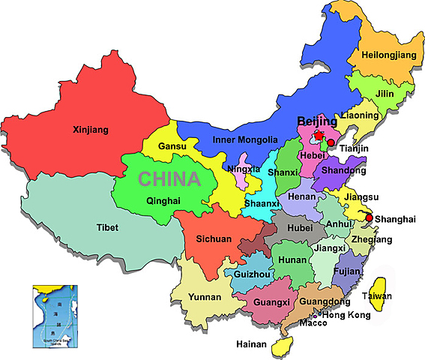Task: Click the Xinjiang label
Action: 91,130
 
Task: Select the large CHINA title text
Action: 170,179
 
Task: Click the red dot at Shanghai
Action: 368,218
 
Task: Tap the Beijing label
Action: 317,121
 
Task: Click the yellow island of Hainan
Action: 283,344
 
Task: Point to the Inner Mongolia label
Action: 245,139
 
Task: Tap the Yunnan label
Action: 205,297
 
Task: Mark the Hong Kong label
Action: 346,315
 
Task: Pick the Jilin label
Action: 385,93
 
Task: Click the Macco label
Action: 314,323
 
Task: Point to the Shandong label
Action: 344,170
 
